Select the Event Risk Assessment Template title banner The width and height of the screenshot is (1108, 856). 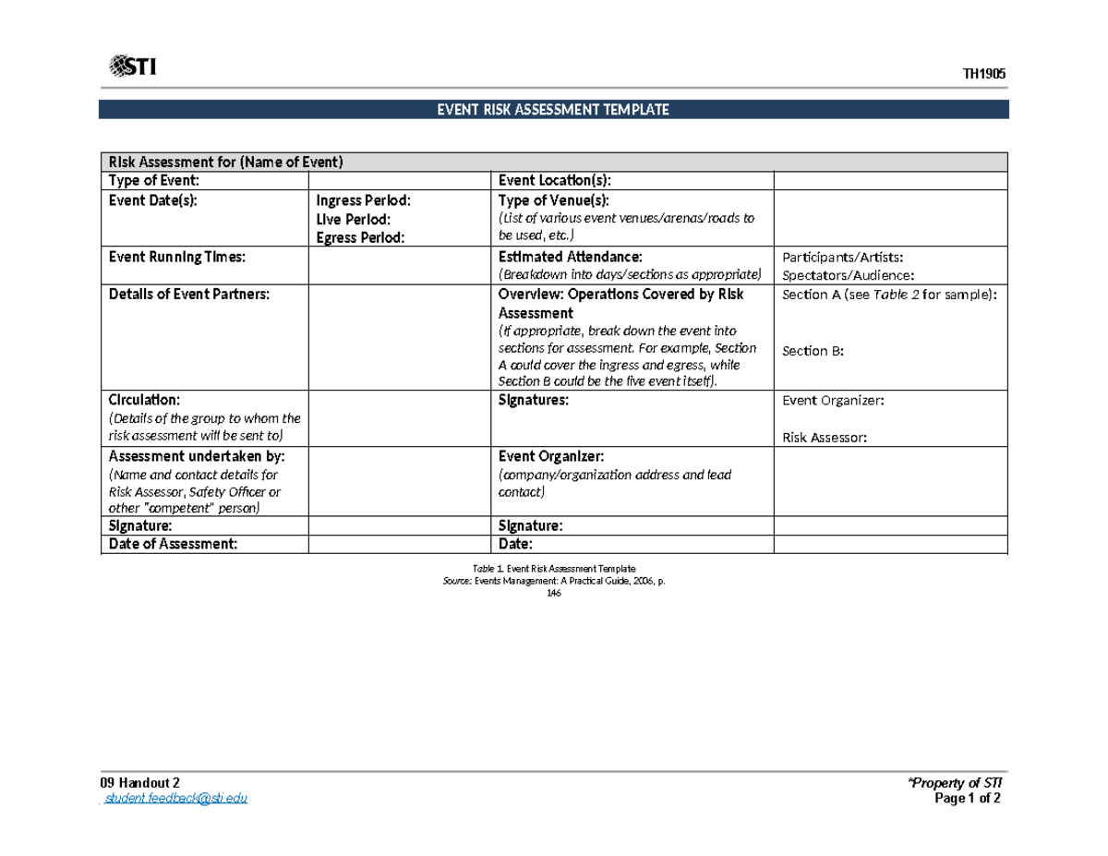[553, 110]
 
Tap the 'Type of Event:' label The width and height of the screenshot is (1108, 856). [153, 181]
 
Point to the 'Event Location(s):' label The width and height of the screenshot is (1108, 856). [554, 181]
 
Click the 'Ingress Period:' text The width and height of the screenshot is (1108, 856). [364, 200]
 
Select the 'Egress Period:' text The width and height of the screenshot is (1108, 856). [360, 237]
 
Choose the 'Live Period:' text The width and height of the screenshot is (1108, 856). [353, 219]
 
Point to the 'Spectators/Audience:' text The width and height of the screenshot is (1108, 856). [848, 275]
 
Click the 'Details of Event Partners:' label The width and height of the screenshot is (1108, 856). [189, 295]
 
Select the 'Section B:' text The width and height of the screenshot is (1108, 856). [813, 351]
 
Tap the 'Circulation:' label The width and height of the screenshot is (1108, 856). [145, 401]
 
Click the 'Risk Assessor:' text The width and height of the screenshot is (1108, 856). [825, 439]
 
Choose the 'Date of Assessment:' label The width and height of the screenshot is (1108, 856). [173, 544]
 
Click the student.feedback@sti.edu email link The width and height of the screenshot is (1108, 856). [175, 799]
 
